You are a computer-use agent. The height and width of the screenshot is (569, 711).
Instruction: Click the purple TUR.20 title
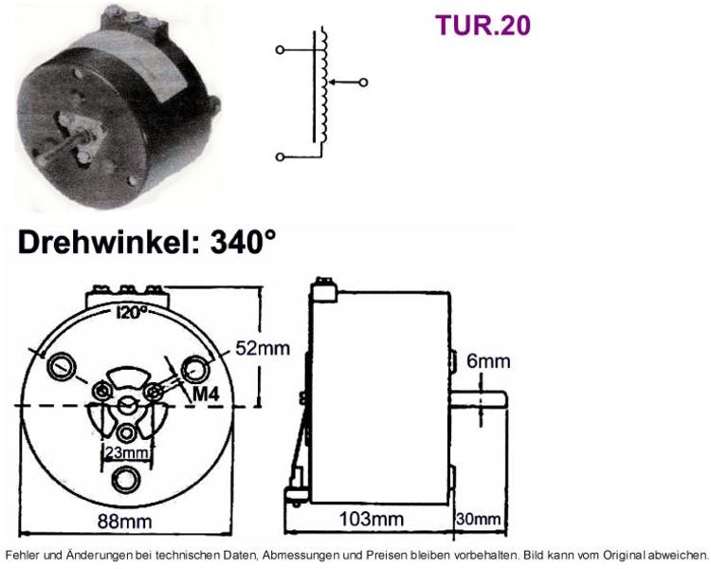coord(483,26)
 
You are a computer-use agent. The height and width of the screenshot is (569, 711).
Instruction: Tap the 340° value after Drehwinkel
coord(243,243)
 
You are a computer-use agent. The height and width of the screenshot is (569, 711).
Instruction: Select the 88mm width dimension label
coord(125,522)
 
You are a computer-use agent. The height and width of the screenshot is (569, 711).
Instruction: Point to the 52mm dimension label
coord(263,348)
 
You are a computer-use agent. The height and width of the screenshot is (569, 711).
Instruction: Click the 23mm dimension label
coord(126,453)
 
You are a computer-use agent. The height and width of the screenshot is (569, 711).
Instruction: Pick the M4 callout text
coord(206,395)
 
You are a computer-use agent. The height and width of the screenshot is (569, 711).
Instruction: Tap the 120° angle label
coord(132,313)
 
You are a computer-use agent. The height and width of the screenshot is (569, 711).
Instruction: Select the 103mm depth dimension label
coord(372,519)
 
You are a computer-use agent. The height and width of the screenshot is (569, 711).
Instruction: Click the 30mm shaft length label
coord(479,519)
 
